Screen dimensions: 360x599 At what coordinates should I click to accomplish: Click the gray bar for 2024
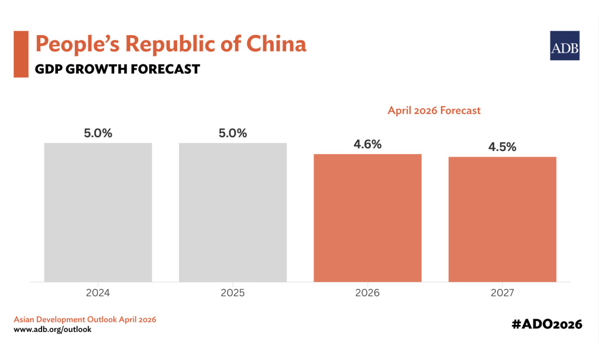pos(98,212)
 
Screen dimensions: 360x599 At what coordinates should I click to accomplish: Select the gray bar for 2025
pos(233,212)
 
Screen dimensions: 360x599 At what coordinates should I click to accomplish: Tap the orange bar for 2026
pos(367,217)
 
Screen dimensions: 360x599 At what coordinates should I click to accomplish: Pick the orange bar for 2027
pos(502,219)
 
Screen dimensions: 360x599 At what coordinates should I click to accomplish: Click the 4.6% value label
pos(367,144)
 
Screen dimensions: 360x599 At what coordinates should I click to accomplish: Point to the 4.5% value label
pos(502,147)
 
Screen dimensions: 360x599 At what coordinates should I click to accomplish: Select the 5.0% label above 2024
pos(98,133)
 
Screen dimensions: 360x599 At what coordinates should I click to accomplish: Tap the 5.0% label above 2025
pos(233,133)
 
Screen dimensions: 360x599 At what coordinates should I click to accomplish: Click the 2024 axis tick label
pos(98,292)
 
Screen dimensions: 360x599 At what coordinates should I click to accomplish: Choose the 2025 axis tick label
pos(233,292)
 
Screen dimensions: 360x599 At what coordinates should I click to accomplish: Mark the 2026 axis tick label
pos(367,292)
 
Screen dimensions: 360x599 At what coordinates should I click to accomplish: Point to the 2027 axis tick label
pos(502,292)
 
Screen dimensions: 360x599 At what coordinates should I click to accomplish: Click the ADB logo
pos(564,46)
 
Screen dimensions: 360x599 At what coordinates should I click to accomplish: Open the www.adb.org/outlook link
pos(52,330)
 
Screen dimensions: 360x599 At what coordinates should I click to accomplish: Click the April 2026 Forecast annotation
pos(434,110)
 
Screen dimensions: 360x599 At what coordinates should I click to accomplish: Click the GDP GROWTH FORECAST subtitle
pos(117,69)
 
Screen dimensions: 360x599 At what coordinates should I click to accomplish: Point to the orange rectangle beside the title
pos(21,54)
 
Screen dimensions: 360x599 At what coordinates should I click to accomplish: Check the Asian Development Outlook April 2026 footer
pos(85,320)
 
